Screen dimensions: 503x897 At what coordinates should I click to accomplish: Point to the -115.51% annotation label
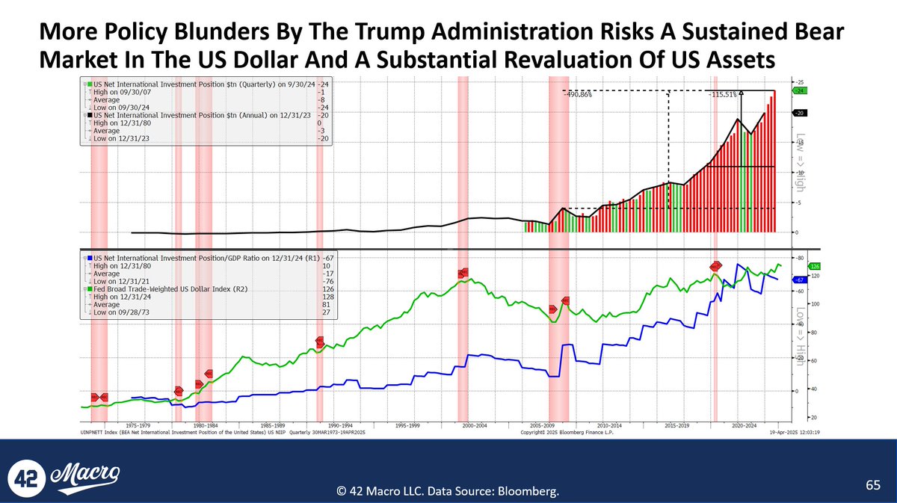722,95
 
